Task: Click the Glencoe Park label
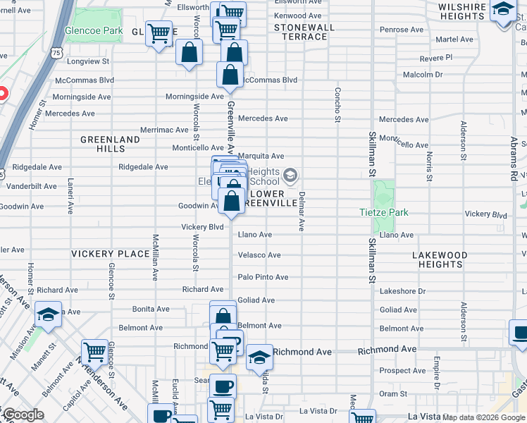94,32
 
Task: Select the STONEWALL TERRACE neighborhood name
304,32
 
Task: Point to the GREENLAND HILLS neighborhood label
110,145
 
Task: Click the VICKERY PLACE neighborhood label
110,253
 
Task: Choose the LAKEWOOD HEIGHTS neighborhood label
440,259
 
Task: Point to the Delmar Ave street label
302,211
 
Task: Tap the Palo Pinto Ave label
263,277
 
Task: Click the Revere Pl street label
435,56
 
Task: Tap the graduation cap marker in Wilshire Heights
503,10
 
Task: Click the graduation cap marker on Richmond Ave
259,357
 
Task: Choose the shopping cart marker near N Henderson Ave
94,351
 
